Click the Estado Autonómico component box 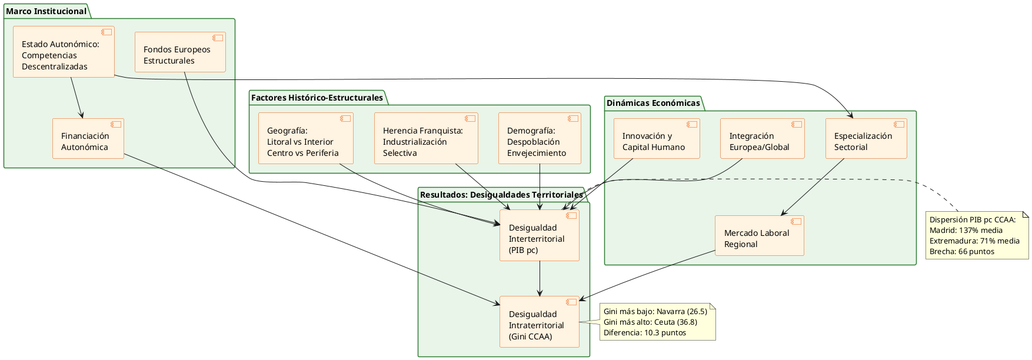tap(64, 52)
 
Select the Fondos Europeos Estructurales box tap(180, 52)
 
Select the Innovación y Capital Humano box tap(657, 139)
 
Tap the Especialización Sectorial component tap(866, 139)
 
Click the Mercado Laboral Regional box tap(759, 236)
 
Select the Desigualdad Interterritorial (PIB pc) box tap(540, 236)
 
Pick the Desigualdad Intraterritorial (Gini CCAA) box tap(540, 322)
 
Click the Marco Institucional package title tap(46, 11)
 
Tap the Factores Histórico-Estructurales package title tap(317, 98)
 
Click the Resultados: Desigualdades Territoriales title tap(501, 195)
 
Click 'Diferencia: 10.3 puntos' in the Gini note tap(645, 333)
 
